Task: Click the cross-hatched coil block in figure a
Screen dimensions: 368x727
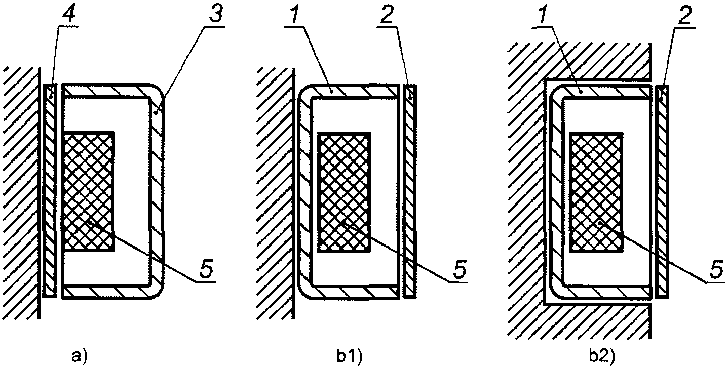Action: coord(89,191)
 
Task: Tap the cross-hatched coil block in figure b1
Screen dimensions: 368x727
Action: coord(343,191)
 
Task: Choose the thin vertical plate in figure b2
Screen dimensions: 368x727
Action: coord(662,191)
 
